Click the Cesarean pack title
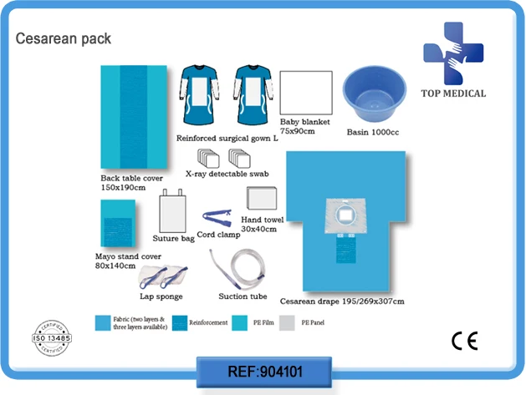click(x=64, y=38)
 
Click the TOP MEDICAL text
click(x=454, y=93)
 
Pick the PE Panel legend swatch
click(x=285, y=321)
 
